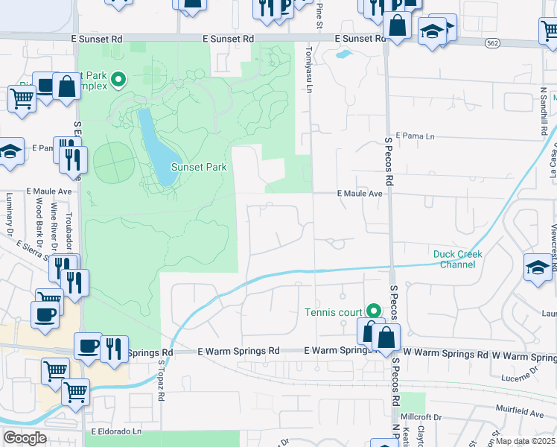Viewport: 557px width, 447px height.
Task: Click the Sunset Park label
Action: click(x=199, y=168)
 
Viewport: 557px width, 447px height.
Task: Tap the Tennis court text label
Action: click(x=334, y=312)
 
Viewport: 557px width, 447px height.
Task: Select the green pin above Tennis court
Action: click(x=375, y=310)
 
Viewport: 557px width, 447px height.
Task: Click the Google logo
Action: click(x=25, y=438)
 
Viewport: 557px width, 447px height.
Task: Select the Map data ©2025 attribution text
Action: click(x=526, y=441)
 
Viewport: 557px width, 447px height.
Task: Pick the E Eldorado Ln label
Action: click(x=116, y=431)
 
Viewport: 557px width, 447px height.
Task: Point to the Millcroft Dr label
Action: click(x=422, y=419)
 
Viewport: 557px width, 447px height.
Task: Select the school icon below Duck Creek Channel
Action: click(x=538, y=267)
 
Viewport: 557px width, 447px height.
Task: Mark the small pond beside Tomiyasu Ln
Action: click(x=343, y=54)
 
